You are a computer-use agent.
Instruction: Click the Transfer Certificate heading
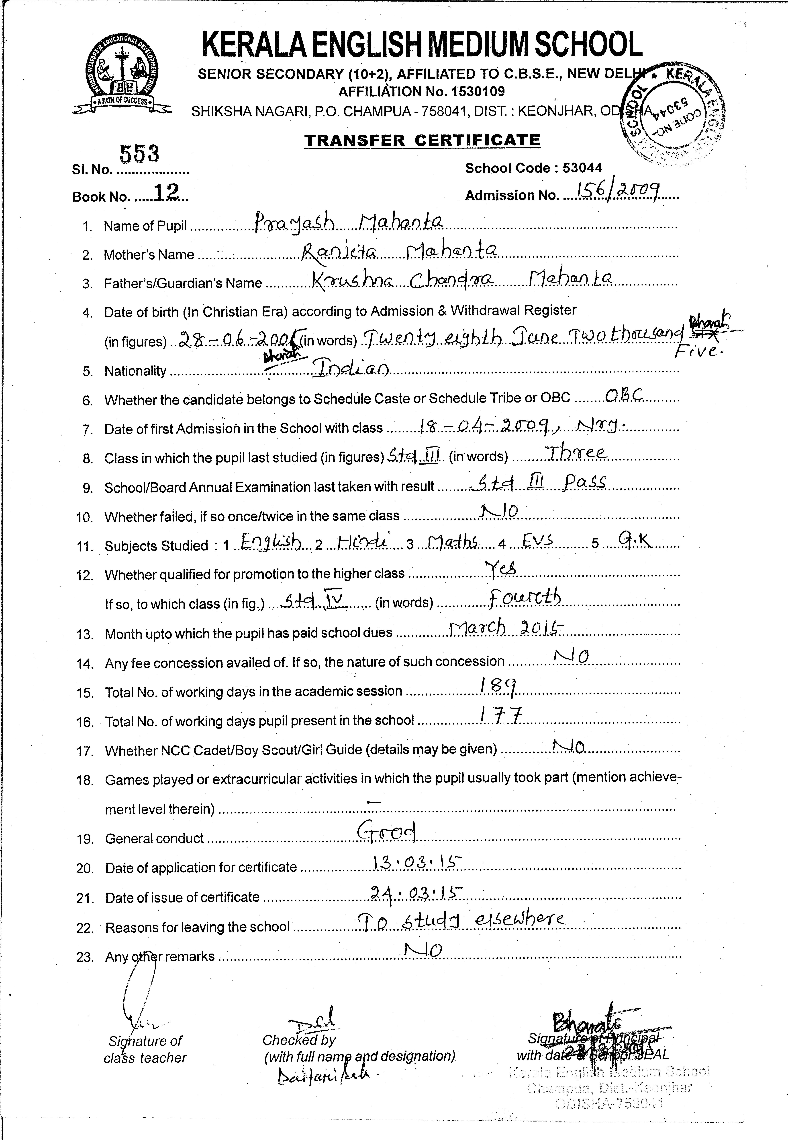pos(422,141)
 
